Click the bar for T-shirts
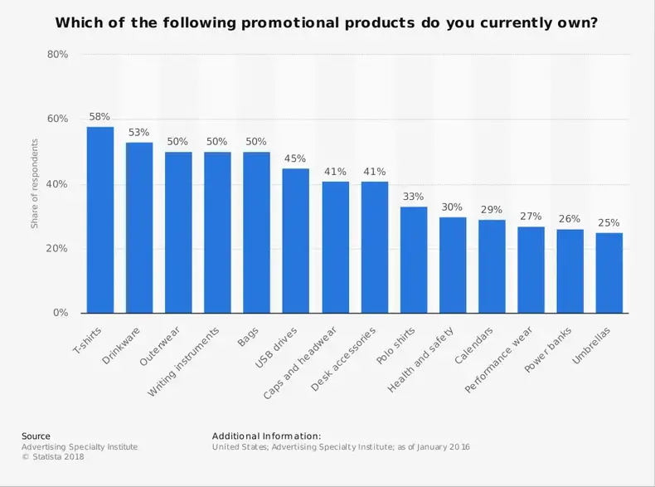pyautogui.click(x=100, y=220)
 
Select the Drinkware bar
pyautogui.click(x=139, y=228)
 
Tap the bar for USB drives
pyautogui.click(x=296, y=241)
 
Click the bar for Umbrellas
pyautogui.click(x=609, y=273)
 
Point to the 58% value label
pyautogui.click(x=100, y=117)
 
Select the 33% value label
pyautogui.click(x=414, y=197)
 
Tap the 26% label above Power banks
pyautogui.click(x=570, y=220)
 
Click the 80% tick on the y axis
pyautogui.click(x=57, y=55)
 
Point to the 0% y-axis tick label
pyautogui.click(x=61, y=314)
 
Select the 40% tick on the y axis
pyautogui.click(x=57, y=184)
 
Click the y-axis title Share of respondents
pyautogui.click(x=35, y=184)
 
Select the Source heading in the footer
pyautogui.click(x=36, y=436)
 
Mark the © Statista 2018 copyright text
pyautogui.click(x=52, y=457)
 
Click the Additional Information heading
pyautogui.click(x=266, y=436)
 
